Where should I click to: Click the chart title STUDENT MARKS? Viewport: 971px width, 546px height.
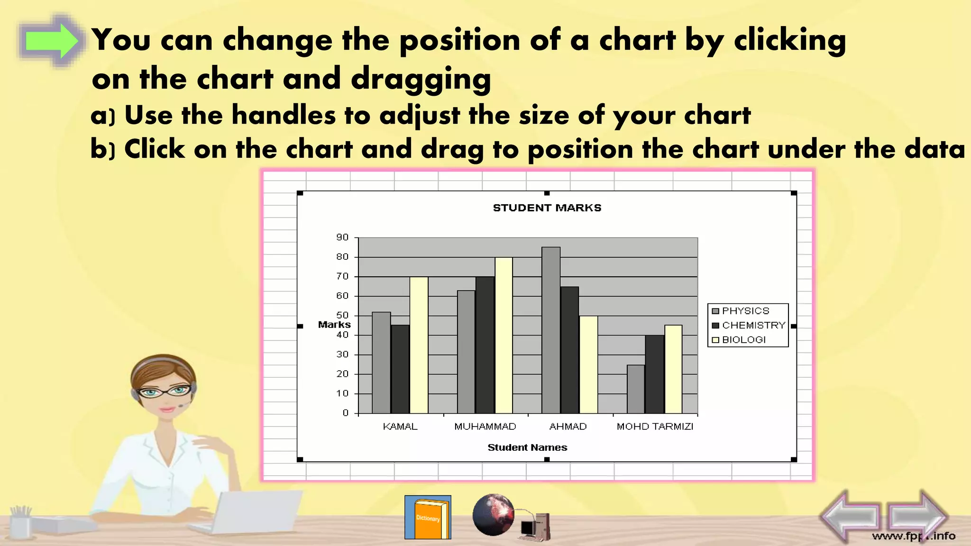pyautogui.click(x=547, y=208)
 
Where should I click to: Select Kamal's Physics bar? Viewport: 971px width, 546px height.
pyautogui.click(x=381, y=363)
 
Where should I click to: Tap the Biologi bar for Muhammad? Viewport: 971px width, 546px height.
pyautogui.click(x=504, y=335)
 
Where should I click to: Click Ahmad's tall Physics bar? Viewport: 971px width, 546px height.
pyautogui.click(x=551, y=330)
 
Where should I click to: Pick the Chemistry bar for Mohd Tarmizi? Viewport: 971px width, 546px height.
pyautogui.click(x=654, y=374)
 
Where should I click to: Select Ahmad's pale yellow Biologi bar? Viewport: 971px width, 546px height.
pyautogui.click(x=588, y=364)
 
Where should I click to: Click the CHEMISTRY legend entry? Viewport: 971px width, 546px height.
pyautogui.click(x=749, y=326)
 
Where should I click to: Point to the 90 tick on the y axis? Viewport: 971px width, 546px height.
pyautogui.click(x=342, y=237)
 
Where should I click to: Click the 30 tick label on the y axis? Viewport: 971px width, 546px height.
pyautogui.click(x=342, y=355)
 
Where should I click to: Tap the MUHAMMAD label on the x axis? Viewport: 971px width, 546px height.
pyautogui.click(x=485, y=427)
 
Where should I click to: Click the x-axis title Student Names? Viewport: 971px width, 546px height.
pyautogui.click(x=527, y=447)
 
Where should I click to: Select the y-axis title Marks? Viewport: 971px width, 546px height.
pyautogui.click(x=334, y=325)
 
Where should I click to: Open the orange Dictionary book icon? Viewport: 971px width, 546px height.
pyautogui.click(x=428, y=518)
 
